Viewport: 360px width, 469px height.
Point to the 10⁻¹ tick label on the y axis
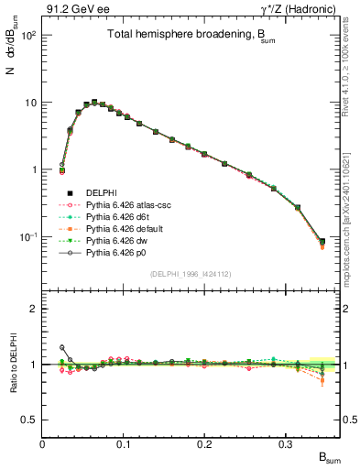pyautogui.click(x=27, y=237)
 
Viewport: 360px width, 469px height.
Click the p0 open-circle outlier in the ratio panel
pyautogui.click(x=62, y=347)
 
